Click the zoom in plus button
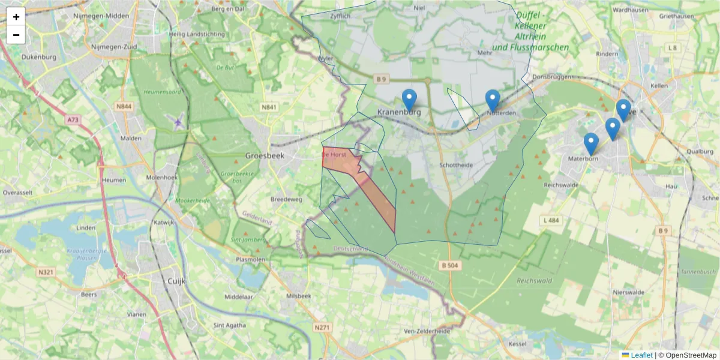(x=16, y=17)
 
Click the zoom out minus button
(x=16, y=35)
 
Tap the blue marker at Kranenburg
(x=409, y=100)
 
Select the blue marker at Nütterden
(x=493, y=100)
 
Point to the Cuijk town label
(x=176, y=281)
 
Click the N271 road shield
(x=322, y=328)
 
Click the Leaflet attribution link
(x=641, y=355)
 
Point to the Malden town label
(x=131, y=138)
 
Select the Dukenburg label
(x=38, y=58)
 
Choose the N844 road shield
(x=124, y=107)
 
